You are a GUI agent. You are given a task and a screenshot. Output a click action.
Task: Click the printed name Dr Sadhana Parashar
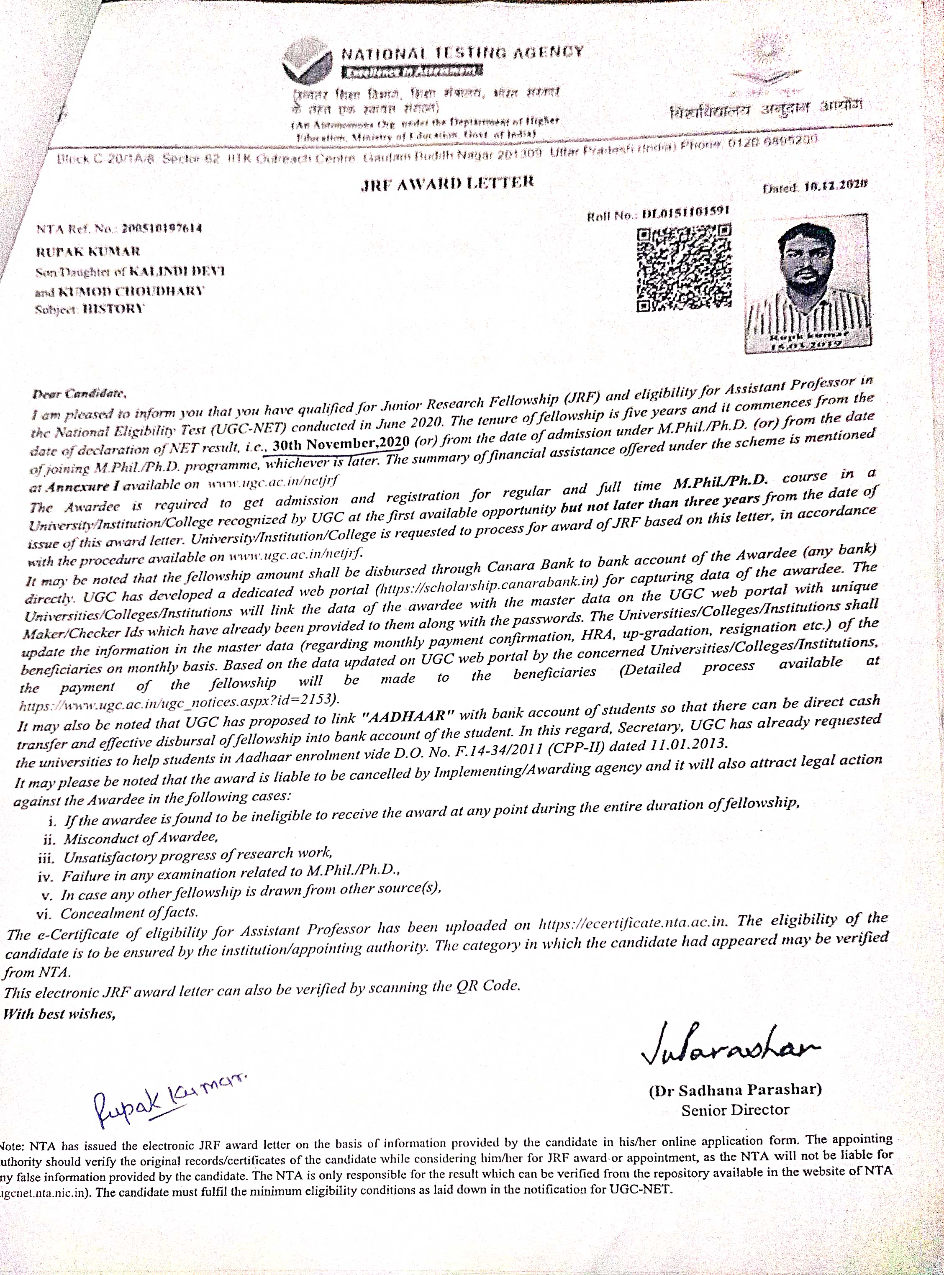tap(736, 1089)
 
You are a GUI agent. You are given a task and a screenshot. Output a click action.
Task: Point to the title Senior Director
tap(735, 1110)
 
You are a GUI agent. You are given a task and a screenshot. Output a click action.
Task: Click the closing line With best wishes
tap(59, 1014)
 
